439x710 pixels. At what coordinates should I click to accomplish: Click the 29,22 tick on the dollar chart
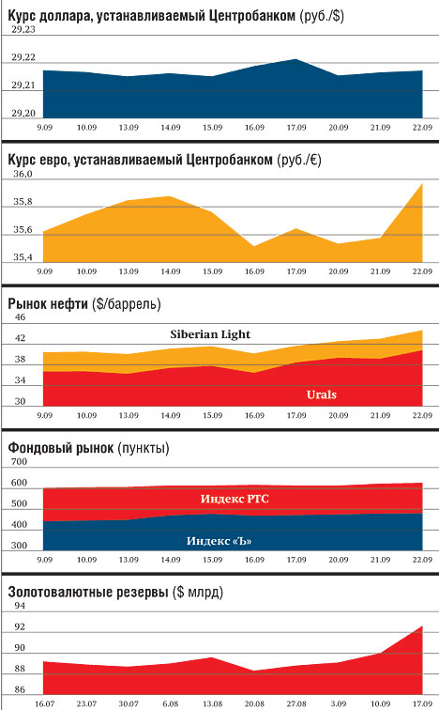tap(23, 57)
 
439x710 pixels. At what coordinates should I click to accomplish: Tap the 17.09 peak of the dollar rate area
tap(296, 59)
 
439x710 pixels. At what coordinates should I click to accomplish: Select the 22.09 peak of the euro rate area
tap(422, 184)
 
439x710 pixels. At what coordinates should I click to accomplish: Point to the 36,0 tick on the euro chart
tap(23, 174)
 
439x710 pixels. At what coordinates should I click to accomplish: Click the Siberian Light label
tap(210, 334)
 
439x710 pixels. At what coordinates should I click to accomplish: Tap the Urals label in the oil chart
tap(322, 394)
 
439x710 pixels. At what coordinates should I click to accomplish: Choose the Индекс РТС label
tap(235, 499)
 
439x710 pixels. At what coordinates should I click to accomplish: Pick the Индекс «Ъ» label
tap(219, 541)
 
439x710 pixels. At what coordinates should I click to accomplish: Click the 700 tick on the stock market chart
tap(19, 461)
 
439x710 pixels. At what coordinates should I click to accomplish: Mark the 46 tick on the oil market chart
tap(21, 317)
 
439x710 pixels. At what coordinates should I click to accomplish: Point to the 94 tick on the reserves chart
tap(20, 606)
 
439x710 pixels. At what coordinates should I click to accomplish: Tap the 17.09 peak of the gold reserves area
tap(422, 626)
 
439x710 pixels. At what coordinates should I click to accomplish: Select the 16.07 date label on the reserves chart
tap(44, 703)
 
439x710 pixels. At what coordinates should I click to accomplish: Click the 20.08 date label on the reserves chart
tap(254, 703)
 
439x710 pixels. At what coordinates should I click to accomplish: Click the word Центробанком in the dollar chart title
tap(252, 16)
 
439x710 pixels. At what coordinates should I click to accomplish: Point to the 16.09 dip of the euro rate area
tap(254, 246)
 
